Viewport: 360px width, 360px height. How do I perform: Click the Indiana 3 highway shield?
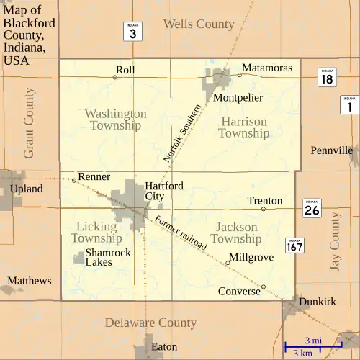tap(132, 31)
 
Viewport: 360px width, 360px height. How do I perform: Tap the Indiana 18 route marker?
tap(328, 78)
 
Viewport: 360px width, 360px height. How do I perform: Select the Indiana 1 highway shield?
tap(349, 104)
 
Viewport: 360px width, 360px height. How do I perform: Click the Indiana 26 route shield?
tap(312, 208)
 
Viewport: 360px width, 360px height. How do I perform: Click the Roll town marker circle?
tap(114, 77)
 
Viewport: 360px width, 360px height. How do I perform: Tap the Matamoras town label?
tap(267, 68)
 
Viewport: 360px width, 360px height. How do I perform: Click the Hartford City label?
tap(163, 191)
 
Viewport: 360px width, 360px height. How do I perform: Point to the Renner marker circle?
tap(74, 180)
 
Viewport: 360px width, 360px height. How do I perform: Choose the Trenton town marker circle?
tap(264, 209)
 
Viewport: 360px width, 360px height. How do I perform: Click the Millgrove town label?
tap(251, 257)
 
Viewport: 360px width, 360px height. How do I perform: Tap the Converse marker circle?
tap(264, 287)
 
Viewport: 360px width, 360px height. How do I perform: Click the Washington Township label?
tap(115, 120)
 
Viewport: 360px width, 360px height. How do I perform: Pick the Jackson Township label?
tap(237, 233)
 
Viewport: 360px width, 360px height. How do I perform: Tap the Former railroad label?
tap(180, 233)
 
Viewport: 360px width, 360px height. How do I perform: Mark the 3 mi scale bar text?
tap(313, 340)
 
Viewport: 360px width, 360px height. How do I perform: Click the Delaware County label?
tap(150, 323)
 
